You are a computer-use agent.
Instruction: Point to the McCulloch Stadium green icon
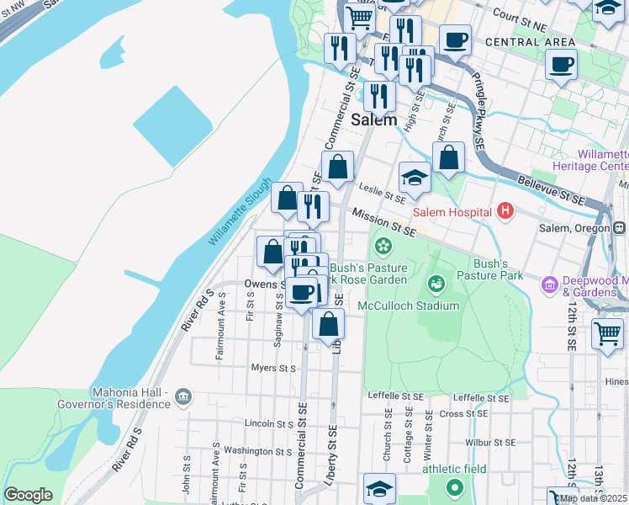tap(436, 284)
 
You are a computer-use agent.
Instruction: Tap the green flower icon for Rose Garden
tap(383, 246)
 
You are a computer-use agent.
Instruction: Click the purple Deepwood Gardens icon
tap(551, 285)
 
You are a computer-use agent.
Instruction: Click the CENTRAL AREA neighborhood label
tap(530, 42)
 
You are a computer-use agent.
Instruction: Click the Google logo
tap(28, 495)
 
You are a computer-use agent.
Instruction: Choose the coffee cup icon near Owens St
tap(302, 293)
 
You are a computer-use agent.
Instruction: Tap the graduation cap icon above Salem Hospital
tap(415, 178)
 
